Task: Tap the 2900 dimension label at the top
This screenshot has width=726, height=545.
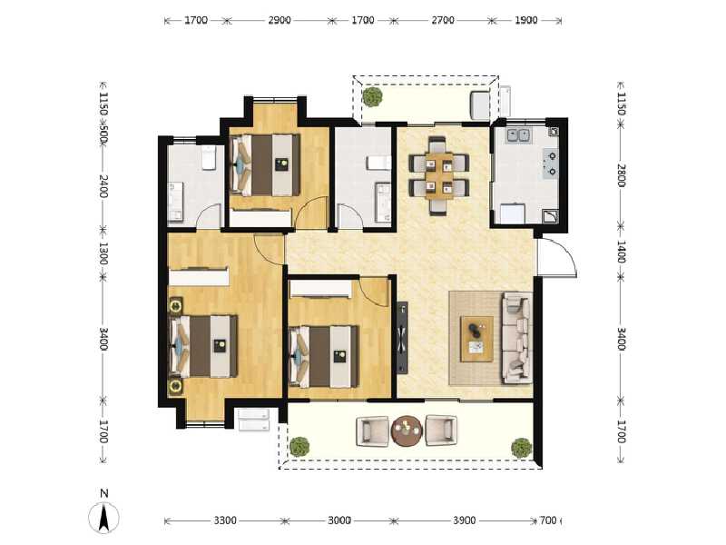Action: (280, 20)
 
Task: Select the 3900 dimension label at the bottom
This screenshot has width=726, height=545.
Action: (464, 520)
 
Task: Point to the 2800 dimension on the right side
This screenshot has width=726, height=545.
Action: (622, 175)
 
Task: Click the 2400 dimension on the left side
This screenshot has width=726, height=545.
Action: (103, 186)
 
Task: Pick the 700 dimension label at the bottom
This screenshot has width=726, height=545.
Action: (548, 520)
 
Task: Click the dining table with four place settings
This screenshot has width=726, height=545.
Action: (439, 175)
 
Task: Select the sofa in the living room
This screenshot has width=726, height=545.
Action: (516, 337)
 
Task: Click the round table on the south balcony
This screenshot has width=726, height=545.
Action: (407, 431)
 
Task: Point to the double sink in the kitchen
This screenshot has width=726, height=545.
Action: (518, 135)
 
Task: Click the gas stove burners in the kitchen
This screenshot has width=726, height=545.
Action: (551, 163)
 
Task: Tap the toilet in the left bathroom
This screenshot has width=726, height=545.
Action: (209, 157)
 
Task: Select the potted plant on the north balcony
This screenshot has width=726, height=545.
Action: (372, 97)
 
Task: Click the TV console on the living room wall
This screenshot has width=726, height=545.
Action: (402, 338)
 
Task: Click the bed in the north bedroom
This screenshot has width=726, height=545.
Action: (265, 165)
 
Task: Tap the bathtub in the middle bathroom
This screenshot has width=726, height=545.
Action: (383, 203)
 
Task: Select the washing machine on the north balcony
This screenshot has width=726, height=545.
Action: (480, 105)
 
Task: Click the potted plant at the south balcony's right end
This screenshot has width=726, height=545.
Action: (521, 448)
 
